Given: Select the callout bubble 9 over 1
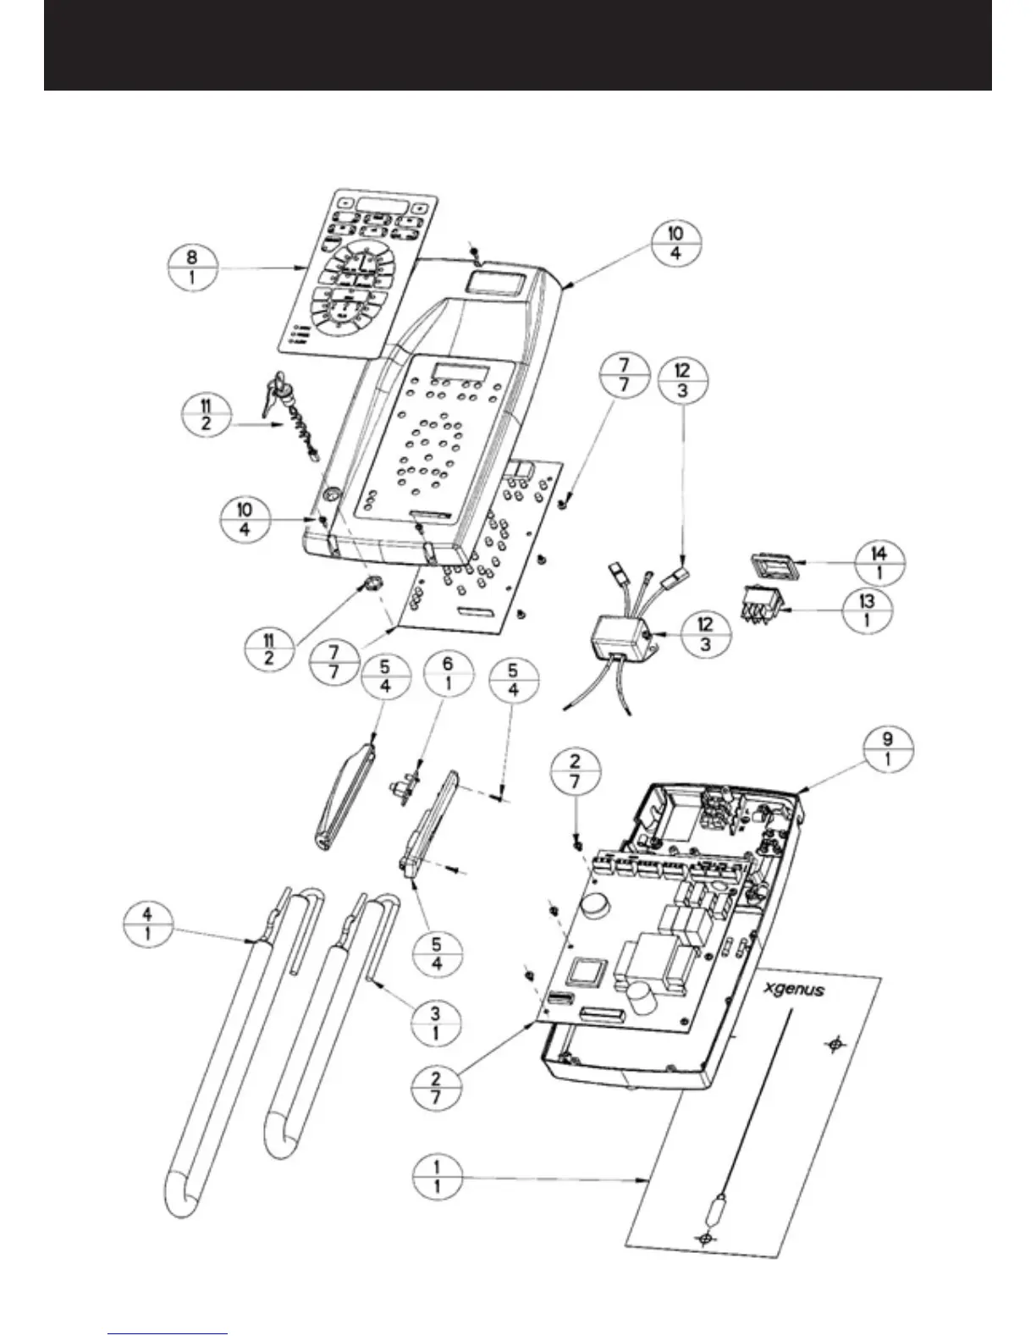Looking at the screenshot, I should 887,749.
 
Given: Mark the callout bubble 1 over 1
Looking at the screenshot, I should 437,1178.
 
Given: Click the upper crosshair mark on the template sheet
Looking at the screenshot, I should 835,1046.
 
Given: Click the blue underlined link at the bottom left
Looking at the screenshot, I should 168,1334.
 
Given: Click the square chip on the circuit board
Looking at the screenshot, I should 589,971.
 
